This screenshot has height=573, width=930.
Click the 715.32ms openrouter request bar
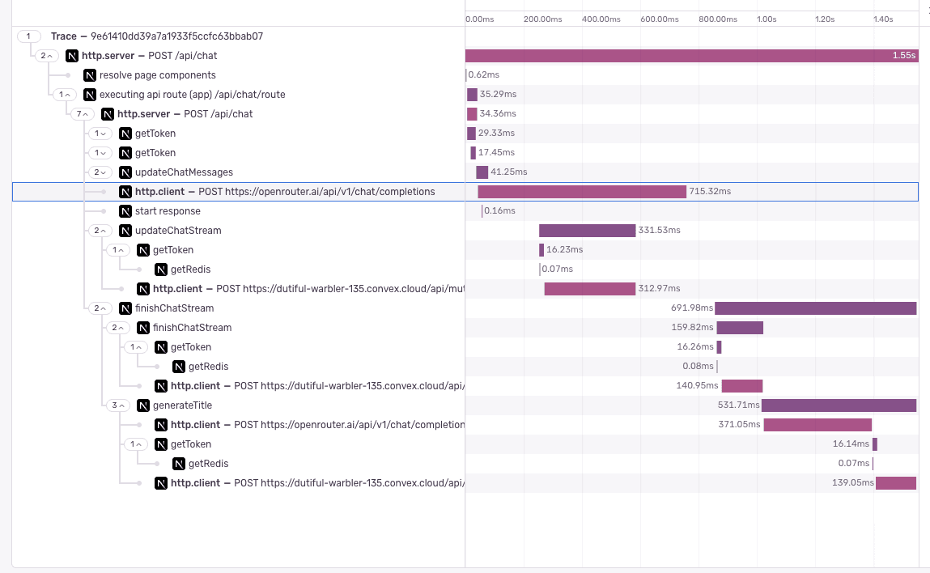pyautogui.click(x=581, y=192)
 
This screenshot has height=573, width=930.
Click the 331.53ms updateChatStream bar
pyautogui.click(x=587, y=231)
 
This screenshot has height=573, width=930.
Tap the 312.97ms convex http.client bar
pyautogui.click(x=589, y=289)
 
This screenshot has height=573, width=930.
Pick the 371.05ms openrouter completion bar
pyautogui.click(x=817, y=425)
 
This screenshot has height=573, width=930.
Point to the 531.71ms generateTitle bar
pyautogui.click(x=839, y=405)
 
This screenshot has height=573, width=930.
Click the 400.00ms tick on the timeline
pyautogui.click(x=600, y=19)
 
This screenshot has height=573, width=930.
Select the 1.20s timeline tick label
pyautogui.click(x=824, y=19)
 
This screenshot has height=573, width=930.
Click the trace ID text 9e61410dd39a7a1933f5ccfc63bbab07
pyautogui.click(x=176, y=36)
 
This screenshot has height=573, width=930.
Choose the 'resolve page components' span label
pyautogui.click(x=157, y=75)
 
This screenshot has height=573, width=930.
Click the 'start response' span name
pyautogui.click(x=168, y=211)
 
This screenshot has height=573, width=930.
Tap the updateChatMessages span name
pyautogui.click(x=184, y=172)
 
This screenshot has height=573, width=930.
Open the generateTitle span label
pyautogui.click(x=182, y=405)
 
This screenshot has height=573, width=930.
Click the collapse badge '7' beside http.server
pyautogui.click(x=83, y=114)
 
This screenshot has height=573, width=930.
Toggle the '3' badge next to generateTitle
pyautogui.click(x=118, y=405)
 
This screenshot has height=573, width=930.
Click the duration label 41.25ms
pyautogui.click(x=509, y=172)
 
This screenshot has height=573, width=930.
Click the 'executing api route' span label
pyautogui.click(x=192, y=95)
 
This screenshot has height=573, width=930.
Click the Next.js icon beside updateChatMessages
pyautogui.click(x=125, y=172)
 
